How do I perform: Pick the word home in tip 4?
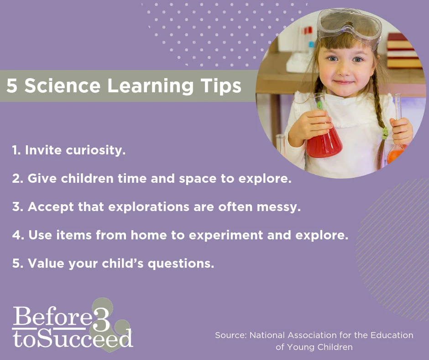148,235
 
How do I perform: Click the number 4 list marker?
17,235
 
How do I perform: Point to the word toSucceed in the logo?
73,339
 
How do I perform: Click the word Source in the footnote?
230,335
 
